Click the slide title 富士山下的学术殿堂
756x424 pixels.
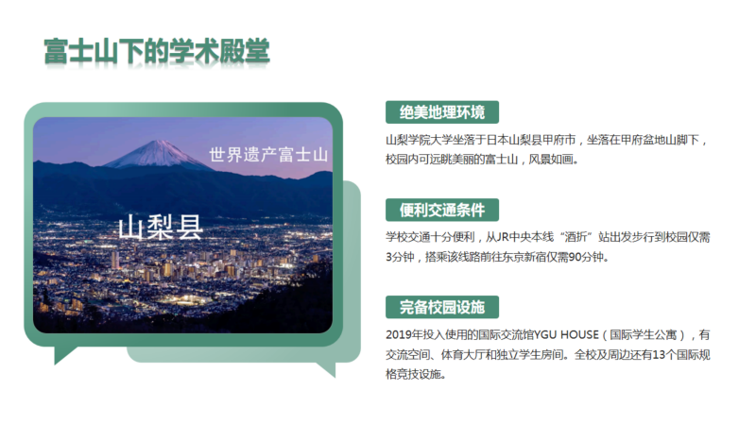pyautogui.click(x=157, y=51)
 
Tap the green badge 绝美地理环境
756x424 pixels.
pyautogui.click(x=442, y=112)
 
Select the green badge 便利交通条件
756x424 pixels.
pyautogui.click(x=442, y=210)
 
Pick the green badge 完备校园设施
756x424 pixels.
pyautogui.click(x=442, y=308)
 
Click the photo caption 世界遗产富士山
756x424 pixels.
pyautogui.click(x=268, y=155)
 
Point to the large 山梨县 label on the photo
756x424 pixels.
pyautogui.click(x=161, y=227)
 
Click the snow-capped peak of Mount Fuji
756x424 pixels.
pyautogui.click(x=157, y=147)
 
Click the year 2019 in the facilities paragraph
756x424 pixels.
pyautogui.click(x=396, y=335)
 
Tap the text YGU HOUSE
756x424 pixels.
pyautogui.click(x=566, y=335)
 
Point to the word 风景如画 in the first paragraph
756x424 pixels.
pyautogui.click(x=551, y=160)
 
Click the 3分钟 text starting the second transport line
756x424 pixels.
pyautogui.click(x=400, y=257)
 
